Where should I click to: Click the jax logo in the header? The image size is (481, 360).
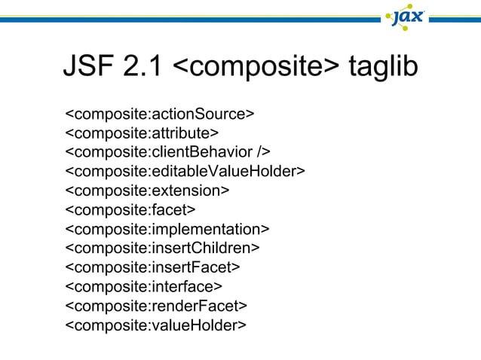pyautogui.click(x=408, y=16)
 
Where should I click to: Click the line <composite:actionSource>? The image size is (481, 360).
pyautogui.click(x=160, y=114)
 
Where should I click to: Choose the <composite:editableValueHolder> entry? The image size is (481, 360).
pyautogui.click(x=185, y=171)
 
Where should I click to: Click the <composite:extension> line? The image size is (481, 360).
pyautogui.click(x=148, y=191)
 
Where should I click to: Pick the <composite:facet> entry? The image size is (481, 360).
pyautogui.click(x=130, y=209)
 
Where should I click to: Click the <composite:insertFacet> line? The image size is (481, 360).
pyautogui.click(x=153, y=267)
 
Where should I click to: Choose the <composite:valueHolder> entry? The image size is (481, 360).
pyautogui.click(x=156, y=325)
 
